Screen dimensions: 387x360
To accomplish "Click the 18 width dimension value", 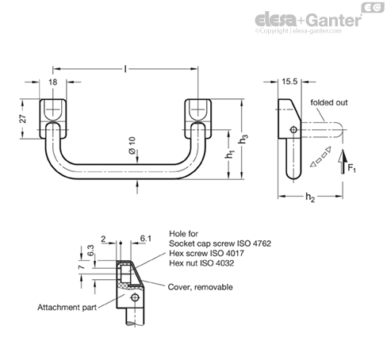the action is pyautogui.click(x=53, y=82).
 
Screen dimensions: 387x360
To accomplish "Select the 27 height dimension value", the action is pyautogui.click(x=23, y=119).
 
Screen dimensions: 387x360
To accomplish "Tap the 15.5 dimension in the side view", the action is pyautogui.click(x=289, y=82).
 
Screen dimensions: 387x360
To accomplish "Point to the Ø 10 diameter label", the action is pyautogui.click(x=132, y=145).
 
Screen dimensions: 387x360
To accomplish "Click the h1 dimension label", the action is pyautogui.click(x=230, y=154).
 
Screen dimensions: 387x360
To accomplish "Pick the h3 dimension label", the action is pyautogui.click(x=243, y=140).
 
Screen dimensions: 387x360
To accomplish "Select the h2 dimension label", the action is pyautogui.click(x=310, y=197).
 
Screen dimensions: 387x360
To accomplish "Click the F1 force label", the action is pyautogui.click(x=351, y=168).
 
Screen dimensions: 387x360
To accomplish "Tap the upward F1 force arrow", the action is pyautogui.click(x=343, y=162).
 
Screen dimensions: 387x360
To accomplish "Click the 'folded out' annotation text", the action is pyautogui.click(x=329, y=102).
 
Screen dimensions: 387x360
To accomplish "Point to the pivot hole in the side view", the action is pyautogui.click(x=293, y=130).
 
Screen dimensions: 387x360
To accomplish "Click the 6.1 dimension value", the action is pyautogui.click(x=146, y=239).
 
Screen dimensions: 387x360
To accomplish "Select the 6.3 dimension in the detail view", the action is pyautogui.click(x=90, y=250).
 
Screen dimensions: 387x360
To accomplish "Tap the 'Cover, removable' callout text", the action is pyautogui.click(x=201, y=287).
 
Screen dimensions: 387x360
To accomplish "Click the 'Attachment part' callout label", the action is pyautogui.click(x=67, y=308).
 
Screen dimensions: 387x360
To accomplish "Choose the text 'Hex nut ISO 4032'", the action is pyautogui.click(x=201, y=263).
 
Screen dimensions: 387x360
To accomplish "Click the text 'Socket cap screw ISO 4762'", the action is pyautogui.click(x=220, y=243).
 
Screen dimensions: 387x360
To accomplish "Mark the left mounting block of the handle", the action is pyautogui.click(x=53, y=119).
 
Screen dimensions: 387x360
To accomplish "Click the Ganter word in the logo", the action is pyautogui.click(x=335, y=21).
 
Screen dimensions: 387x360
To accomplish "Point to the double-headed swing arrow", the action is pyautogui.click(x=320, y=157).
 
